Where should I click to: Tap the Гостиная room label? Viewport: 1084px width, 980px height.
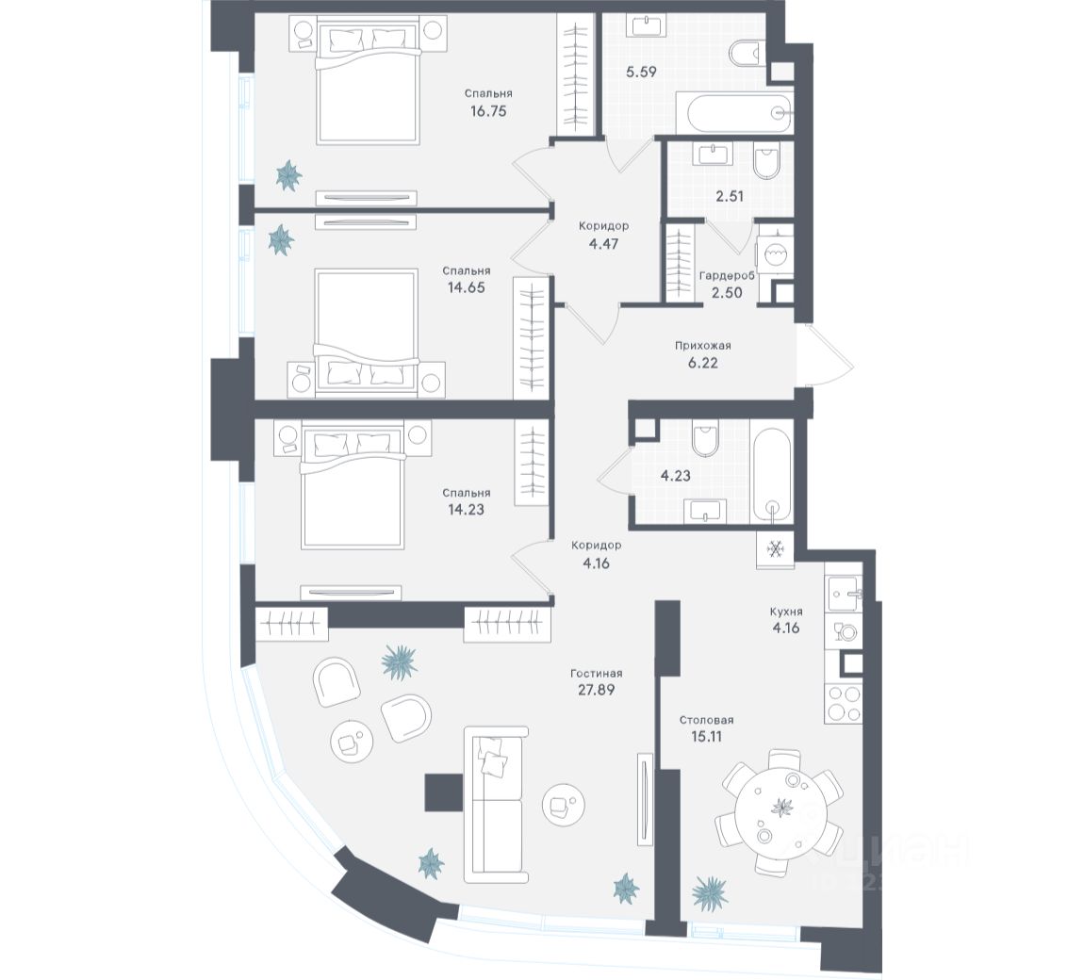point(596,674)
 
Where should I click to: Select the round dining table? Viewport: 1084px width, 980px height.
point(780,808)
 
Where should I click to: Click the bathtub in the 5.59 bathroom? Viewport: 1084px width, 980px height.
point(739,114)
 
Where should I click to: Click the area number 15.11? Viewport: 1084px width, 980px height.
point(707,737)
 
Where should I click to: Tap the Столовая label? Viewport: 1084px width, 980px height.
point(707,721)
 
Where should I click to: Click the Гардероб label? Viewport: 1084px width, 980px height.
point(727,276)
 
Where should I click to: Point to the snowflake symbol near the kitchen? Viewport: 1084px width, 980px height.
point(776,549)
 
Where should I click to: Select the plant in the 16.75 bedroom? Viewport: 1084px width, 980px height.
point(287,173)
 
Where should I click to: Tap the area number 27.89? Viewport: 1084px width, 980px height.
point(596,690)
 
